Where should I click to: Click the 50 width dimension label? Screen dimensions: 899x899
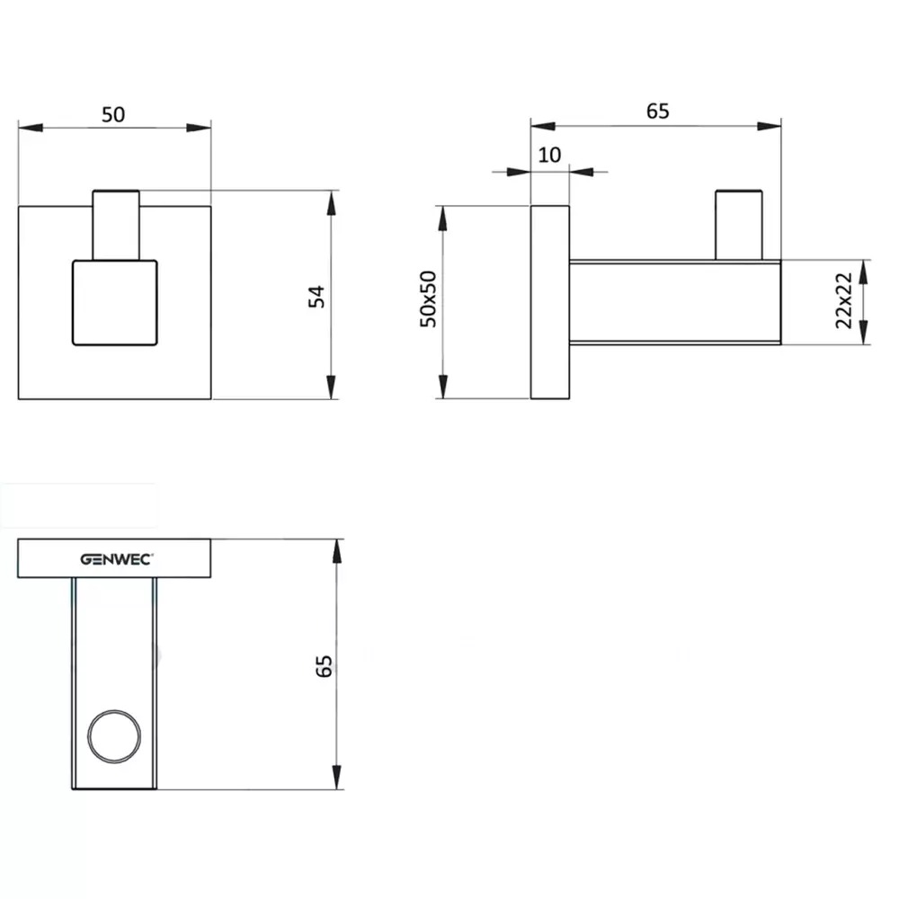113,115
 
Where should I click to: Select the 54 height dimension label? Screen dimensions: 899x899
316,297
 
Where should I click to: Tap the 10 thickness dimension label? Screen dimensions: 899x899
549,155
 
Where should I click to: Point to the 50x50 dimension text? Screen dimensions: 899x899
428,298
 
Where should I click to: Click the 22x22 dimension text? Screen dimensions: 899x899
843,300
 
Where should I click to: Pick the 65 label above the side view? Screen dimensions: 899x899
658,111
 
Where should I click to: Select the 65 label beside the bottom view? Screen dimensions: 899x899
324,665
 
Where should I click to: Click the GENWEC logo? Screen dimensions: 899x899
116,559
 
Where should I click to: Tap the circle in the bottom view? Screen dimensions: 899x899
114,710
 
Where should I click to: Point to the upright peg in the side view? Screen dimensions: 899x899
738,225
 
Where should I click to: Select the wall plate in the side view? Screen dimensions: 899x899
550,302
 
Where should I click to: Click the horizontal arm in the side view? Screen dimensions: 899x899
675,302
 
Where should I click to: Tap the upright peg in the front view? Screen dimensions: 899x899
116,225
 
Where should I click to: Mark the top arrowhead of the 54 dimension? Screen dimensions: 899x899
332,203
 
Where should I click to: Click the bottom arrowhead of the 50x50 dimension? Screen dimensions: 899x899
442,386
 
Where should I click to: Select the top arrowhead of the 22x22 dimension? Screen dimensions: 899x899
864,272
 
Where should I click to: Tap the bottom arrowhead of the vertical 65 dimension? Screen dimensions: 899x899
336,777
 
